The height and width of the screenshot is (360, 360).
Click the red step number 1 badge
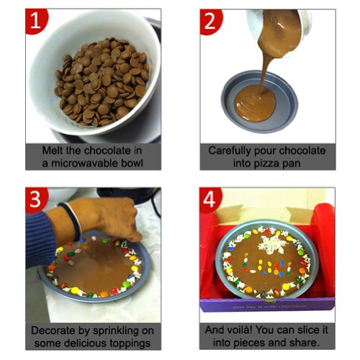point(36,21)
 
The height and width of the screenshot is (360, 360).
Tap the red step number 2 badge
point(210,22)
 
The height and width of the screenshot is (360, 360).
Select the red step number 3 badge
point(36,199)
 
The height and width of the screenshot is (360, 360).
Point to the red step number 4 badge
point(210,199)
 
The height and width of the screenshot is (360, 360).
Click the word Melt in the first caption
point(53,150)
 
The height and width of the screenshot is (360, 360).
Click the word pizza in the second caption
point(266,164)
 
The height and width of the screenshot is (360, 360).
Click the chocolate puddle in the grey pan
point(255,103)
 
